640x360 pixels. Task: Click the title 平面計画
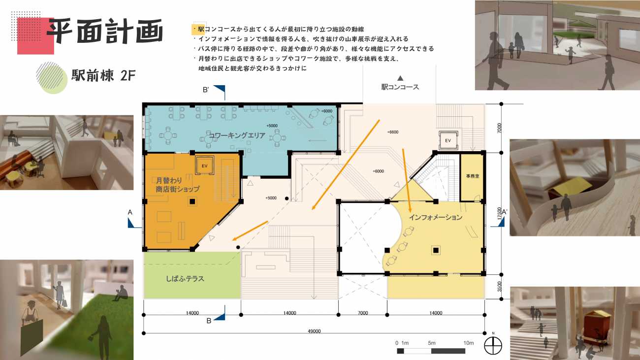pos(105,32)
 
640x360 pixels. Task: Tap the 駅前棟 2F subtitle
pos(103,75)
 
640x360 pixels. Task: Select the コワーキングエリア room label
pos(237,135)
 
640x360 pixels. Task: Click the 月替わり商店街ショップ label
pos(177,185)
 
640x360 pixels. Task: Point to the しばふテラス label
pos(185,279)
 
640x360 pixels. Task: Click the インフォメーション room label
pos(436,218)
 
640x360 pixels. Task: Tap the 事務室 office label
pos(473,176)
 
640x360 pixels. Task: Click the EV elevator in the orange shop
pos(205,165)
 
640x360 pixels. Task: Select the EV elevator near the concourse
pos(448,140)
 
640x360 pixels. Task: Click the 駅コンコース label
pos(400,87)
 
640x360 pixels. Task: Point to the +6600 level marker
pos(393,132)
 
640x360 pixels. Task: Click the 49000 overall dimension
pos(314,331)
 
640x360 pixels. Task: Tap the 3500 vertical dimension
pos(499,287)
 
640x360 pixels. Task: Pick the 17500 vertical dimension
pos(499,213)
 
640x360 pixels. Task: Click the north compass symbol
pos(493,345)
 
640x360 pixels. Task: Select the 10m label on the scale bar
pos(469,343)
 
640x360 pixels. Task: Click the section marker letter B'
pos(206,90)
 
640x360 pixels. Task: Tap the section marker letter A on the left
pos(130,212)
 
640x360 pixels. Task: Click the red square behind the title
pos(35,36)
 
